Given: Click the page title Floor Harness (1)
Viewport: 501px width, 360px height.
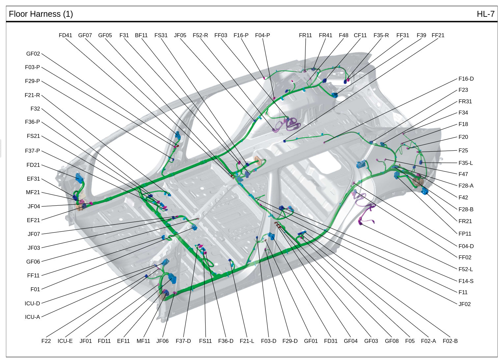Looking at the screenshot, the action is coord(41,14).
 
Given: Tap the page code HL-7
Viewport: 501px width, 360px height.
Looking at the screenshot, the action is coord(486,14).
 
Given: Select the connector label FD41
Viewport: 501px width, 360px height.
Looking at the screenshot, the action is coord(65,35).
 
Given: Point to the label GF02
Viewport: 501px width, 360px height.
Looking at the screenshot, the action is coord(33,54).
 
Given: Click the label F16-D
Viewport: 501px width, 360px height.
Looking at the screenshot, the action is coord(466,79).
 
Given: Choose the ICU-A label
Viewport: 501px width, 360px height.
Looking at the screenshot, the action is coord(32,317).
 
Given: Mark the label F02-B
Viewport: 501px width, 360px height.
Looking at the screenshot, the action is coord(450,341).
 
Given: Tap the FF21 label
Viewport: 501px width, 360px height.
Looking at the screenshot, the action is coord(438,35).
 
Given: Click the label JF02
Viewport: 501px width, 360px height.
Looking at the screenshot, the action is coord(464,304).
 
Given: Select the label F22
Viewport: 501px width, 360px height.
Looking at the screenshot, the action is coord(46,341).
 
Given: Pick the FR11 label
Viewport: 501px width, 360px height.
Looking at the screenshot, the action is coord(305,35).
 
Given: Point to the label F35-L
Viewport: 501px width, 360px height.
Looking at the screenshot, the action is coord(466,163).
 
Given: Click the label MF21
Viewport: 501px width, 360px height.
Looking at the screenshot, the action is coord(33,193).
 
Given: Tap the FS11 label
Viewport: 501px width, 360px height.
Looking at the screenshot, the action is coord(205,341).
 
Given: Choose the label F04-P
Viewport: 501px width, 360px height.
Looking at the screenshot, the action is coord(263,35).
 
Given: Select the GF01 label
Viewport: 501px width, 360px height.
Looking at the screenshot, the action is coord(311,341).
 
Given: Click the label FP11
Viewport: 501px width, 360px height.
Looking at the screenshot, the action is coord(465,234).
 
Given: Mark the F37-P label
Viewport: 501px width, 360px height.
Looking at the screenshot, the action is coord(32,151).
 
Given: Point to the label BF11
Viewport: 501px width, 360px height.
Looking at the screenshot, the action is coord(141,35).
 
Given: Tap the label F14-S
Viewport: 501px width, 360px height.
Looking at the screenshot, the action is coord(466,281).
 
